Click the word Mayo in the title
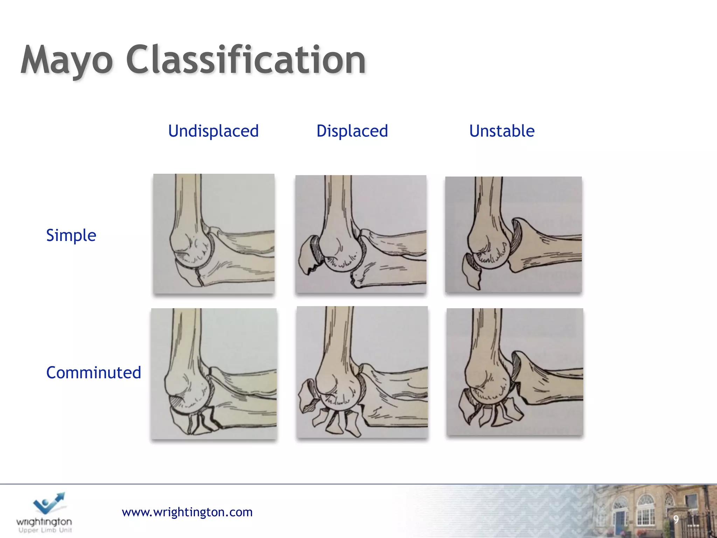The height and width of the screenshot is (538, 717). (x=67, y=60)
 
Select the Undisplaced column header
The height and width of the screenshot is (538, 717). (x=213, y=131)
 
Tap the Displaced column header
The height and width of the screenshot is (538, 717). (x=352, y=131)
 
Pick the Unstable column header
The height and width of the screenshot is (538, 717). (x=502, y=131)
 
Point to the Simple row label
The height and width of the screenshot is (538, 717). (x=71, y=235)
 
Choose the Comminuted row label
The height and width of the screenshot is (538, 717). (x=93, y=372)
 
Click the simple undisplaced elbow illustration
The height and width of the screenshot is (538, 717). (x=214, y=234)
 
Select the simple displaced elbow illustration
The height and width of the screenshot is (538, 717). (x=361, y=234)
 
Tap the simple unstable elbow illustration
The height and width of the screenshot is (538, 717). (x=513, y=234)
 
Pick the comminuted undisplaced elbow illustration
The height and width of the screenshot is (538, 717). (x=214, y=373)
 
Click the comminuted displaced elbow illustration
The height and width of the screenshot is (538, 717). (x=362, y=372)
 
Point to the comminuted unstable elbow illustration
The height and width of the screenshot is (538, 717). (x=515, y=372)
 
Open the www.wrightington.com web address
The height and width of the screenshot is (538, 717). (x=187, y=512)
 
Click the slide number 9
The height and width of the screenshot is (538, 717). (x=676, y=519)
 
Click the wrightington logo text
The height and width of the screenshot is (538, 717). (x=44, y=522)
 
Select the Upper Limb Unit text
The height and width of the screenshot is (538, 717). (x=45, y=530)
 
